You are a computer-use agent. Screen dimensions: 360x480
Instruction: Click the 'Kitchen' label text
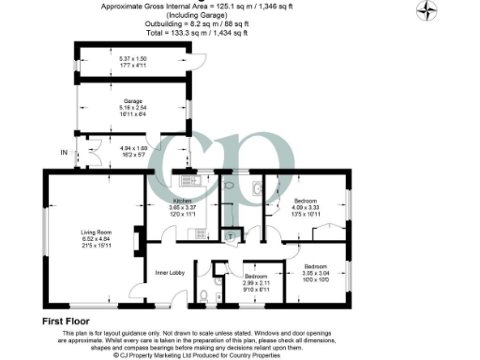[x=183, y=202]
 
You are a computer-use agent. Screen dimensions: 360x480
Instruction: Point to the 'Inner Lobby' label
[x=168, y=273]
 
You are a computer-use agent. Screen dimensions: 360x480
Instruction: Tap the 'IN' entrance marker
[x=64, y=152]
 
